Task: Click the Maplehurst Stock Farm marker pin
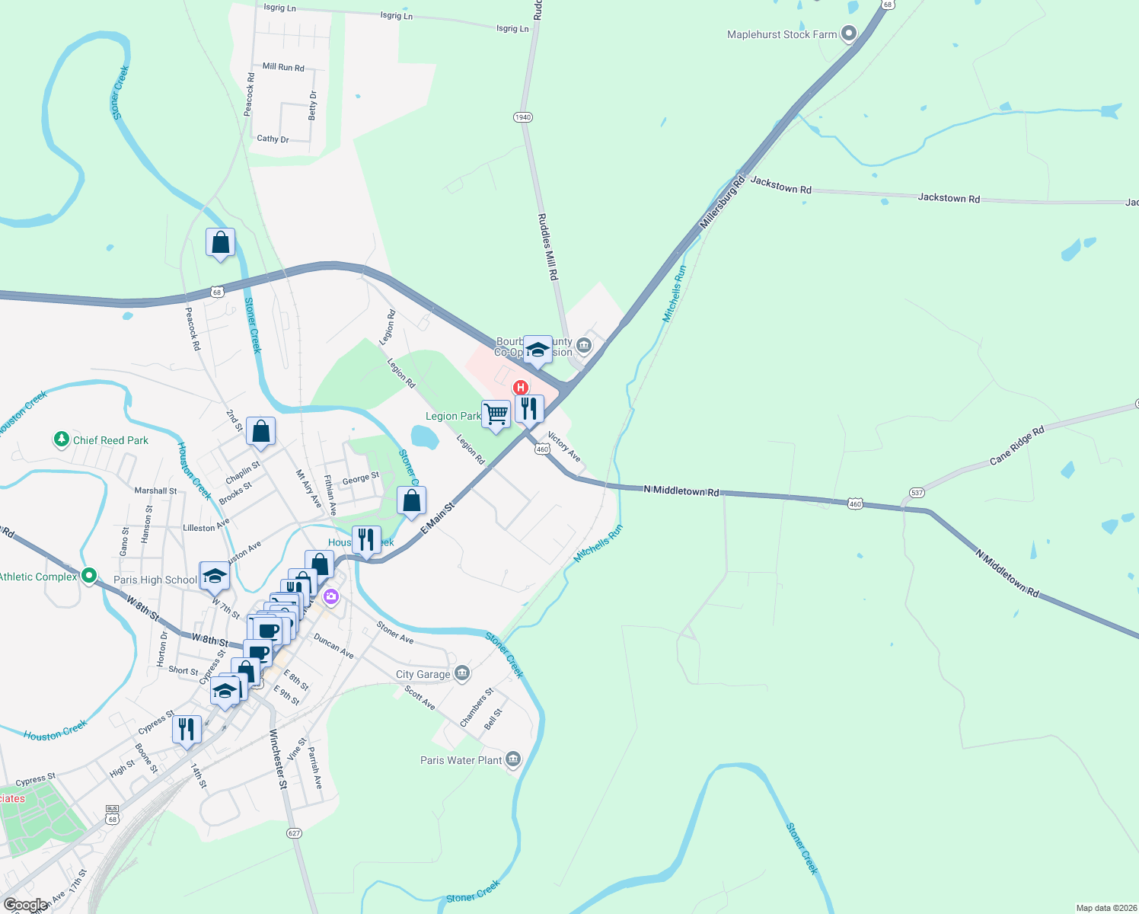(848, 34)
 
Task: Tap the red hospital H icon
(522, 387)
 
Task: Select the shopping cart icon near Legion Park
(496, 414)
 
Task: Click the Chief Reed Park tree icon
(61, 439)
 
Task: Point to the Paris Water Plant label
(461, 760)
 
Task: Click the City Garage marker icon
(462, 673)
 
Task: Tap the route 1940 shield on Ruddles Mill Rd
(522, 117)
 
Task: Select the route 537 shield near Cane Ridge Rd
(917, 493)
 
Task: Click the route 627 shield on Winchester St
(295, 833)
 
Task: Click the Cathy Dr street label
(273, 139)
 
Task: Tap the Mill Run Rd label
(283, 67)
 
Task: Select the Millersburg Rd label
(722, 203)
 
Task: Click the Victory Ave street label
(564, 448)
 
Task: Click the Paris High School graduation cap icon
(215, 577)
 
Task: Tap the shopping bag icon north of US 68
(220, 243)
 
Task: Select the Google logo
(26, 905)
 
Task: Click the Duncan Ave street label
(333, 647)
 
